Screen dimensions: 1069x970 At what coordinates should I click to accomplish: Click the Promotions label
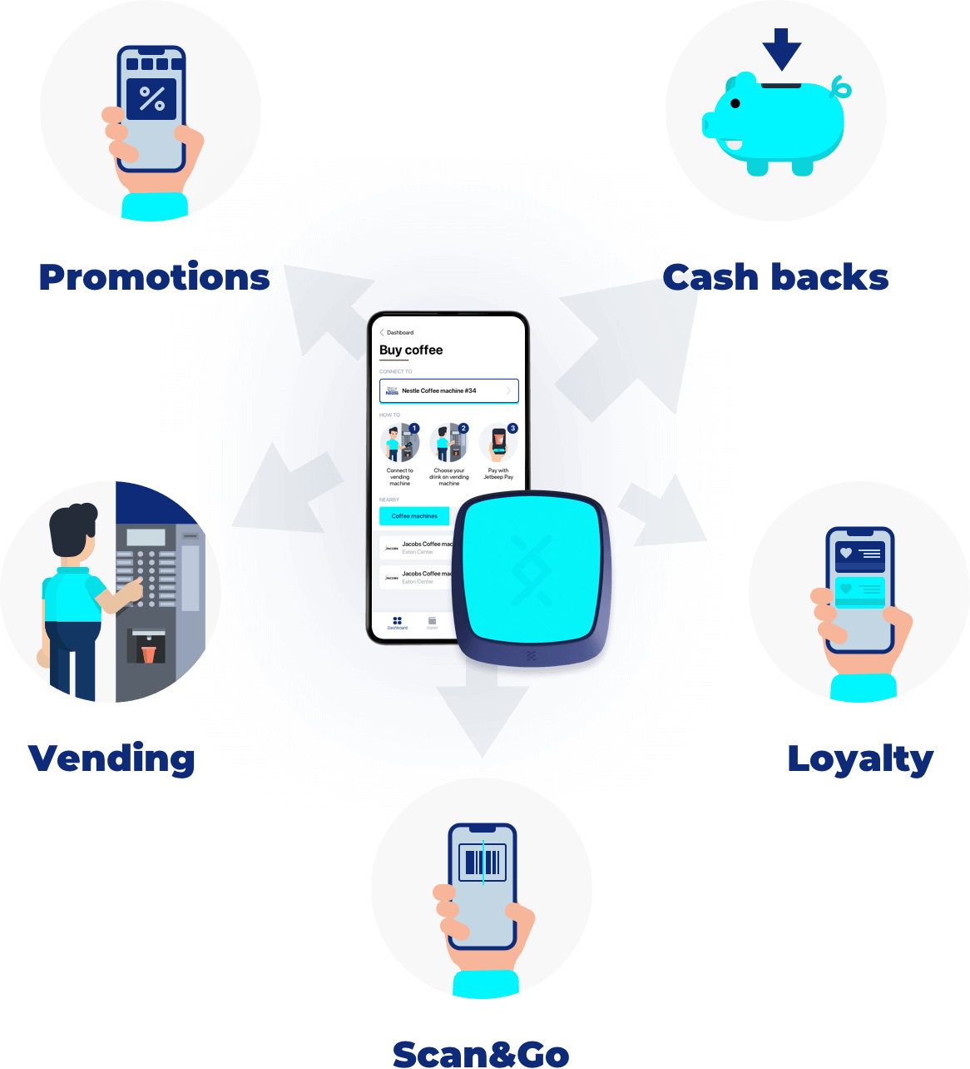click(x=154, y=277)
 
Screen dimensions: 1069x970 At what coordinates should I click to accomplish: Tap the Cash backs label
click(x=775, y=277)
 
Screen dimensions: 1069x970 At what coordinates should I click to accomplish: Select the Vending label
click(x=112, y=758)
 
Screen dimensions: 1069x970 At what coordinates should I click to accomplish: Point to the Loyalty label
click(x=860, y=759)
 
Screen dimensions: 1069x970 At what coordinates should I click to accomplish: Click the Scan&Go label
click(x=481, y=1054)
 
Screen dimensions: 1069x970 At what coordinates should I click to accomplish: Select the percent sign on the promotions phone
click(x=152, y=99)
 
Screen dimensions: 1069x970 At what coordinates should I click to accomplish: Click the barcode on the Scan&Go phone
click(x=483, y=862)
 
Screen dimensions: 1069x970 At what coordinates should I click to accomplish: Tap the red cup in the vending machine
click(x=148, y=653)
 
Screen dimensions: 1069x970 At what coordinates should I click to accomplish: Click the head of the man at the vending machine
click(x=73, y=533)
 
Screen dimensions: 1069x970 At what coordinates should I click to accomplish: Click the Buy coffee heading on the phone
click(x=411, y=351)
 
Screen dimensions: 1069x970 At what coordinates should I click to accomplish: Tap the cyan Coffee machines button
click(x=414, y=516)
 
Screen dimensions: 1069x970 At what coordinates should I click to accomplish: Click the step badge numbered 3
click(x=512, y=428)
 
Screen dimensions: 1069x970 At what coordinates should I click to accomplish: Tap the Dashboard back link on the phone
click(x=397, y=332)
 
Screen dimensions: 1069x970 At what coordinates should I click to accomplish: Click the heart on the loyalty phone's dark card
click(x=846, y=553)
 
